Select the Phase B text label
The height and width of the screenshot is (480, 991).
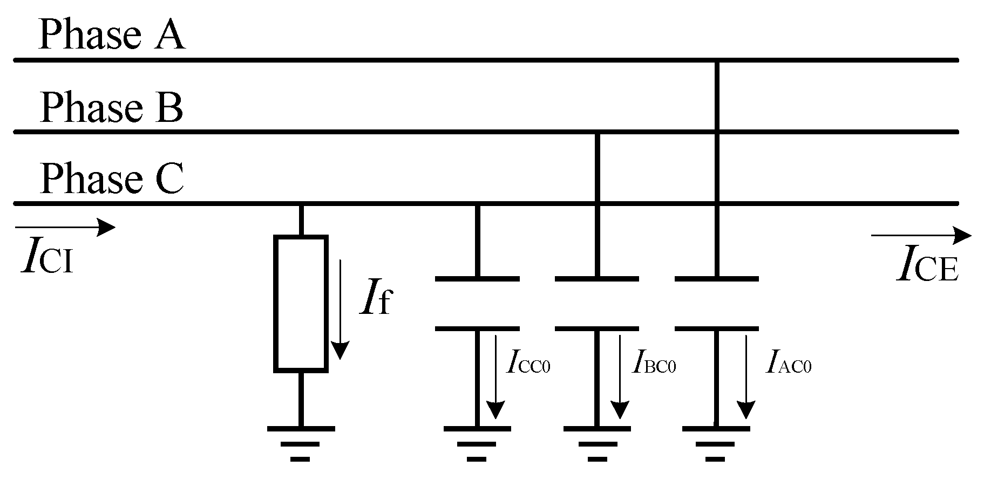point(111,107)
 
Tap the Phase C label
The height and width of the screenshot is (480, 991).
point(112,179)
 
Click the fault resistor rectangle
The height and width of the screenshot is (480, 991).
point(301,304)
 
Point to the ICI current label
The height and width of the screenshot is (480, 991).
point(47,259)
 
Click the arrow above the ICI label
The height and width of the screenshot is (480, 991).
point(65,227)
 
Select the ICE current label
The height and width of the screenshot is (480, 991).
point(927,268)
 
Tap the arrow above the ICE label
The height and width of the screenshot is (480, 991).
point(921,236)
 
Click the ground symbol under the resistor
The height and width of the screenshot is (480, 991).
point(301,443)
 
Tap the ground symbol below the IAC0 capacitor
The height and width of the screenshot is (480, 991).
point(716,443)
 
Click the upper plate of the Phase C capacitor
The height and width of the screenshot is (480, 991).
point(477,279)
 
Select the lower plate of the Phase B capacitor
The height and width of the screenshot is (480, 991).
point(597,328)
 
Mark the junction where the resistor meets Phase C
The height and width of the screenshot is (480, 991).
point(301,204)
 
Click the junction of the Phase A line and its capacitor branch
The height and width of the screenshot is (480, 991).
point(717,60)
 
